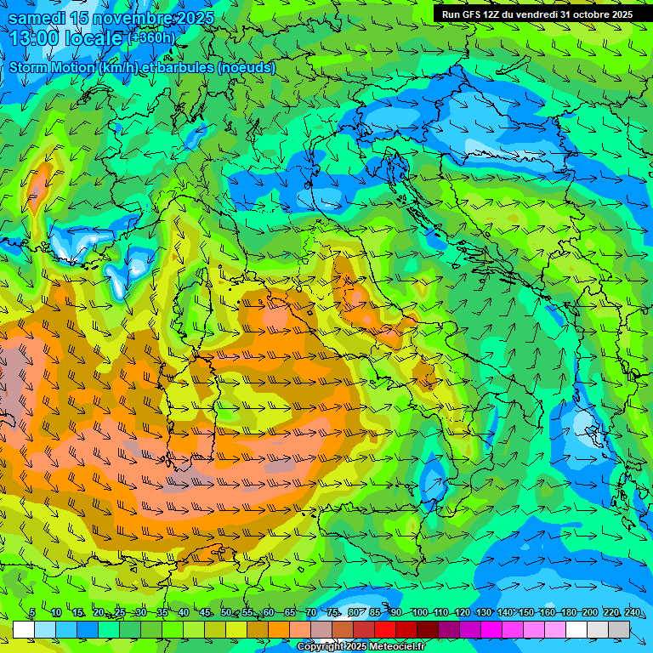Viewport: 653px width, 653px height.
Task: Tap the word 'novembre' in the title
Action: coord(132,18)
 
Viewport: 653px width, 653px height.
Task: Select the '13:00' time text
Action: coord(35,37)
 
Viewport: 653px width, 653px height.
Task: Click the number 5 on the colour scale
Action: coord(32,613)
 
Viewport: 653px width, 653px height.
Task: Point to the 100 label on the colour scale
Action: coord(419,613)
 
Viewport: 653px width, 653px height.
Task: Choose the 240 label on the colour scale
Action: coord(633,613)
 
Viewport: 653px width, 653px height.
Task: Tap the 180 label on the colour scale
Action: coord(568,613)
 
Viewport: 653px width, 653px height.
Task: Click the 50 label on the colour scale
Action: coord(225,613)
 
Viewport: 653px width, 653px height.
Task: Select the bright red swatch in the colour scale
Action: coord(385,629)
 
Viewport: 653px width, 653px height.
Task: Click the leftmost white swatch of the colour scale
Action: coord(24,629)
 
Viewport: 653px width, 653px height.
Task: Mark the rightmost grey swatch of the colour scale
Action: coord(619,629)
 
